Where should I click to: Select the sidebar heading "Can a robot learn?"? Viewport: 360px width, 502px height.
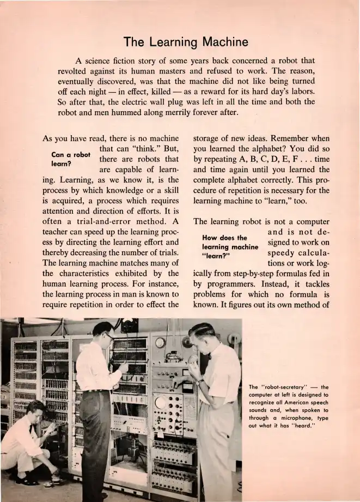coord(70,159)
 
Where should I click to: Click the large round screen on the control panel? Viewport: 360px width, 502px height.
coord(161,402)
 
